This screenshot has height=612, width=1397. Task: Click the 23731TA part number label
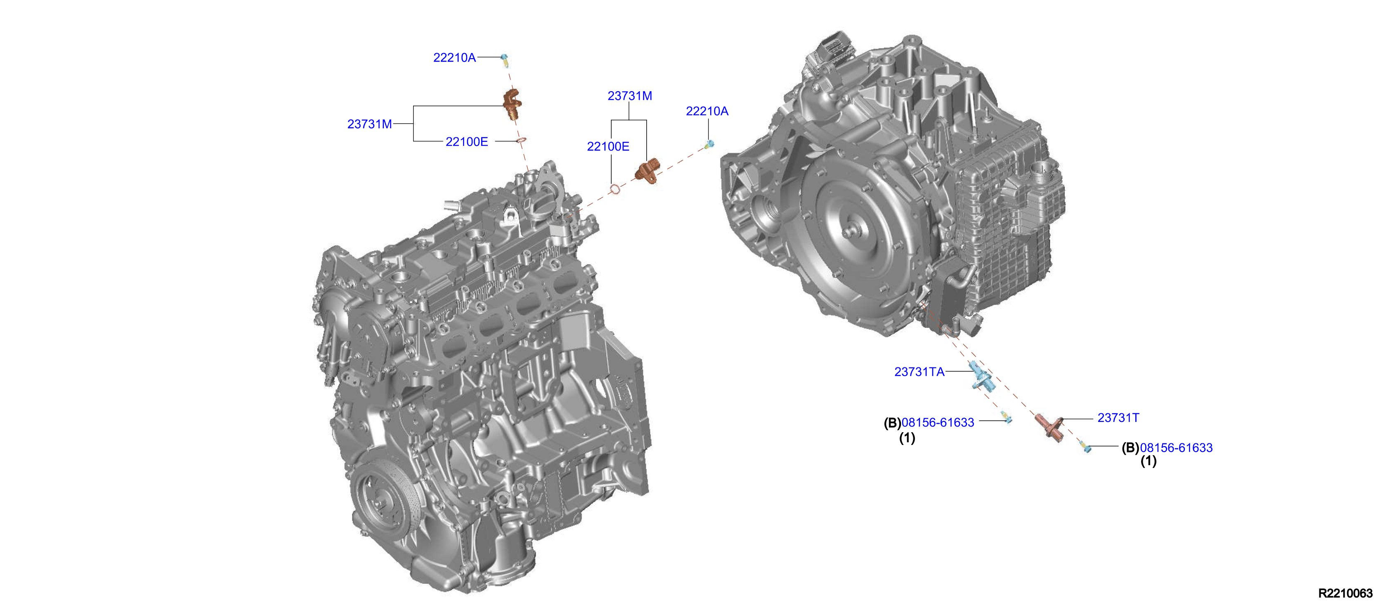[919, 372]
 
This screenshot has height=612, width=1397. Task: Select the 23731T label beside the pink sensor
[1118, 418]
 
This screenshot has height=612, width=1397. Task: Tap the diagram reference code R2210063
[1345, 593]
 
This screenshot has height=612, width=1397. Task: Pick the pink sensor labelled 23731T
[1050, 426]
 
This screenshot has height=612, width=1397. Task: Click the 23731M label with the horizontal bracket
[369, 124]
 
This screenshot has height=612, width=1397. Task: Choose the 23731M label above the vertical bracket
[630, 96]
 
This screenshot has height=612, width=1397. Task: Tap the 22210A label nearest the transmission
[707, 111]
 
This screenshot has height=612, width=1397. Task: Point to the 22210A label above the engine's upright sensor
[454, 57]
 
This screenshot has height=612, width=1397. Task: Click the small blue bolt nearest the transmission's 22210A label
[710, 144]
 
